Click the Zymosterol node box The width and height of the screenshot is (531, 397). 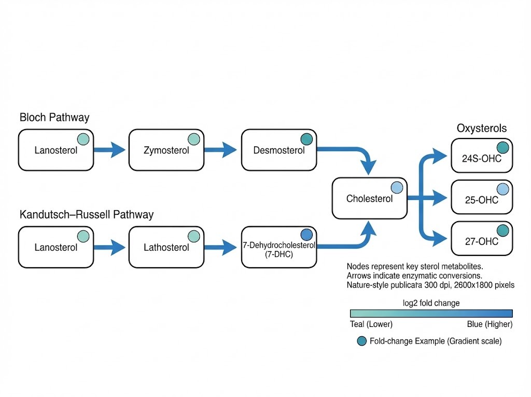pos(165,150)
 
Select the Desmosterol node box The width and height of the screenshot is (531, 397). pos(278,150)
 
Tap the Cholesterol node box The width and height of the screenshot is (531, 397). pos(369,198)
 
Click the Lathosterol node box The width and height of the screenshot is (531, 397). pos(165,247)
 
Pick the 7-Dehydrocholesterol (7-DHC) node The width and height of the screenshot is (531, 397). pos(278,247)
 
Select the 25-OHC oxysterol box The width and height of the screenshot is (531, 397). pos(482,197)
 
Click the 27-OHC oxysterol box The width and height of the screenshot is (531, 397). pos(482,239)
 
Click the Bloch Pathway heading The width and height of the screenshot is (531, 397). pos(54,117)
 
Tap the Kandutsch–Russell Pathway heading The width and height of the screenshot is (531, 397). pos(87,214)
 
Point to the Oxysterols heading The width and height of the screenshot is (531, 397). pos(482,128)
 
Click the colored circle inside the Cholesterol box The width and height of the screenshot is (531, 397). pos(397,188)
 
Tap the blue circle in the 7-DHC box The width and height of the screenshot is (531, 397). pos(306,234)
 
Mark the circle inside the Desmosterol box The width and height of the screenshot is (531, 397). pos(306,139)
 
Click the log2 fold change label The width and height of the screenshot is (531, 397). pos(431,303)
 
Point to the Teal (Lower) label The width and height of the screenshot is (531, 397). pos(371,324)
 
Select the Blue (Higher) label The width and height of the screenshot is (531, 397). pos(490,324)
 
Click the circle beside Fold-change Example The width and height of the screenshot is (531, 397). pos(362,341)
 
